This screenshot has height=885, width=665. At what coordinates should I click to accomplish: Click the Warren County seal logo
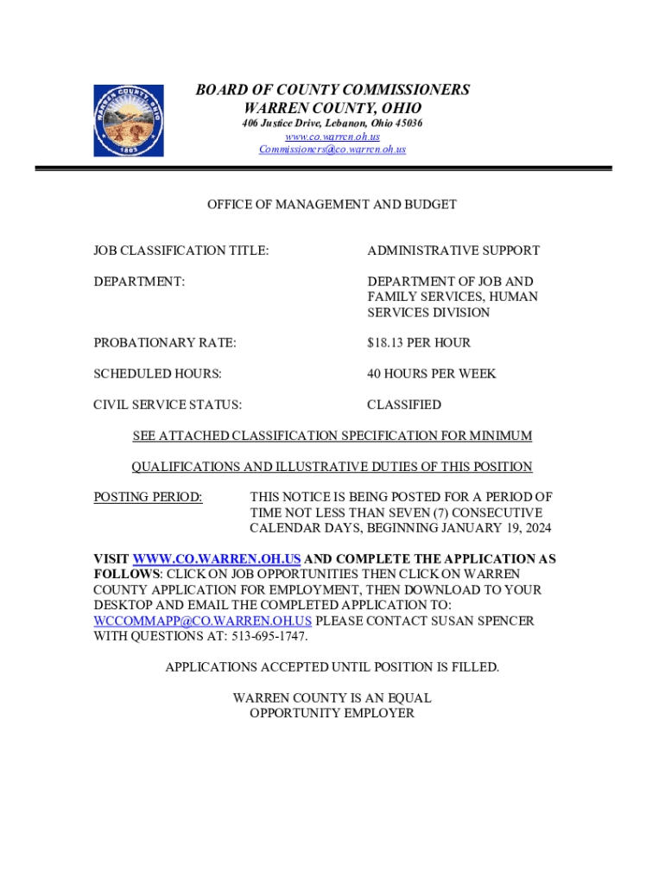click(x=128, y=120)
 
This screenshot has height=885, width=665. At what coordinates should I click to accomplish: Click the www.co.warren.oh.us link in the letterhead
click(x=332, y=137)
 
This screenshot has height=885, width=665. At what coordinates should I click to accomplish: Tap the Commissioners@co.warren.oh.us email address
click(x=332, y=150)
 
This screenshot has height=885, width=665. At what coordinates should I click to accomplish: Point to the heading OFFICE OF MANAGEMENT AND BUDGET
click(x=332, y=205)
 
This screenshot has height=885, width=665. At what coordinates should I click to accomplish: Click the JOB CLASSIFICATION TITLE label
click(x=180, y=251)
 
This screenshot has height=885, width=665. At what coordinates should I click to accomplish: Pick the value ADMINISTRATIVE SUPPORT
click(x=453, y=251)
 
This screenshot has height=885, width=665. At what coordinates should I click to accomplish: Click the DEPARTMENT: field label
click(x=139, y=282)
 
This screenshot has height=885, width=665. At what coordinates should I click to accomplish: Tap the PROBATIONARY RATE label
click(x=164, y=343)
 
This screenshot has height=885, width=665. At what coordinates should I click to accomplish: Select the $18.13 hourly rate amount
click(x=386, y=343)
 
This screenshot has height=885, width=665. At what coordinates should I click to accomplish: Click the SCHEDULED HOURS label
click(x=157, y=374)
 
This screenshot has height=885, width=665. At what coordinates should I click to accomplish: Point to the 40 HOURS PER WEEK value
click(x=431, y=374)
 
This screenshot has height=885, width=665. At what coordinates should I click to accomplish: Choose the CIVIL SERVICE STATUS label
click(x=168, y=405)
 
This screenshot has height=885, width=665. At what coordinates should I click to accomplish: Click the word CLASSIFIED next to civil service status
click(x=403, y=405)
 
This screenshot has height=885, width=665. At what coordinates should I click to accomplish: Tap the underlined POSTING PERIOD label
click(x=148, y=498)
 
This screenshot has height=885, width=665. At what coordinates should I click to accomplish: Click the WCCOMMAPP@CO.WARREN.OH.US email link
click(x=202, y=621)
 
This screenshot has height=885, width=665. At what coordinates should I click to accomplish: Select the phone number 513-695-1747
click(x=267, y=637)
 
